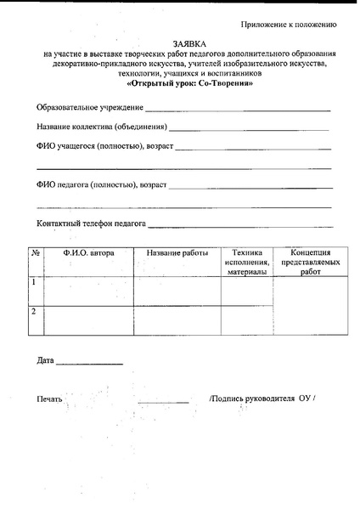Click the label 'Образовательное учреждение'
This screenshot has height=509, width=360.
pyautogui.click(x=89, y=109)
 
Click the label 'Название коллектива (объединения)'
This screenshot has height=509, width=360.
pyautogui.click(x=101, y=127)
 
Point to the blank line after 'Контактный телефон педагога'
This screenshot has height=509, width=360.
pyautogui.click(x=240, y=226)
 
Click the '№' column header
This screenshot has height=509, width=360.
pyautogui.click(x=36, y=253)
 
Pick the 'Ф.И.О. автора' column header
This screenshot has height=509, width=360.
pyautogui.click(x=88, y=253)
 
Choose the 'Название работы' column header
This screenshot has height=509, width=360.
pyautogui.click(x=177, y=253)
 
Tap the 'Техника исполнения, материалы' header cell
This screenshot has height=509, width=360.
pyautogui.click(x=246, y=263)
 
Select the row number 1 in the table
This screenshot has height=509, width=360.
pyautogui.click(x=34, y=281)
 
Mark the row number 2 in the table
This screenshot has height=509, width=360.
pyautogui.click(x=34, y=312)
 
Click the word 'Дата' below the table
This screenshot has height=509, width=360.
pyautogui.click(x=46, y=361)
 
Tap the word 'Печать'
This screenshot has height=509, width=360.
pyautogui.click(x=50, y=399)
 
